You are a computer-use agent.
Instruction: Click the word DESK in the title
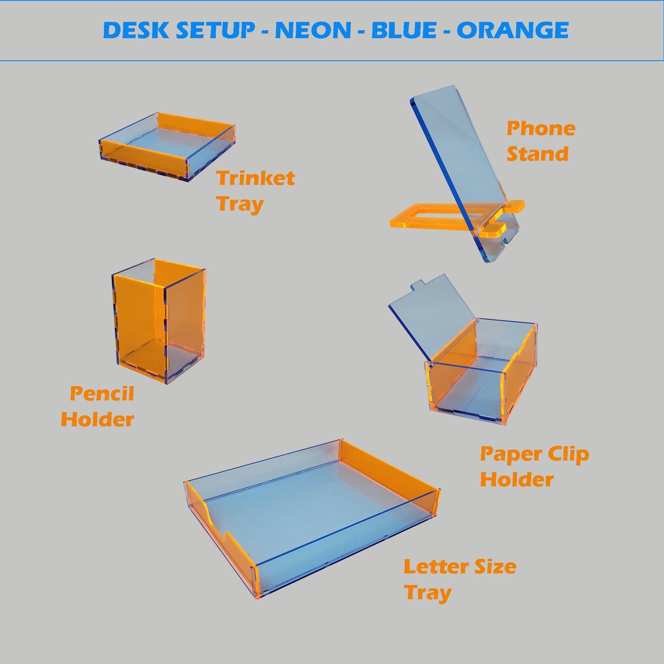(136, 30)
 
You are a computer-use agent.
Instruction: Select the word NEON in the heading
(313, 30)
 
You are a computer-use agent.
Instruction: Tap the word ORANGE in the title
(513, 30)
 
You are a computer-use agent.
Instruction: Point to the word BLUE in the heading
(404, 30)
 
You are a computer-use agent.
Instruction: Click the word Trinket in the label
(255, 178)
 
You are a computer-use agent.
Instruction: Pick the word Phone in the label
(541, 129)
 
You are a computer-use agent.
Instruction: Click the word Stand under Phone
(537, 153)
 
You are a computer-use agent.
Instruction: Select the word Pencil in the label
(102, 393)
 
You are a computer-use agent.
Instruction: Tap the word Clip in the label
(568, 454)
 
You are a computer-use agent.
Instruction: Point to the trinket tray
(167, 146)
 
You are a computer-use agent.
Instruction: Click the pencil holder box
(159, 321)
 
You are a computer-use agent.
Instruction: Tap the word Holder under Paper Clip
(517, 480)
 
